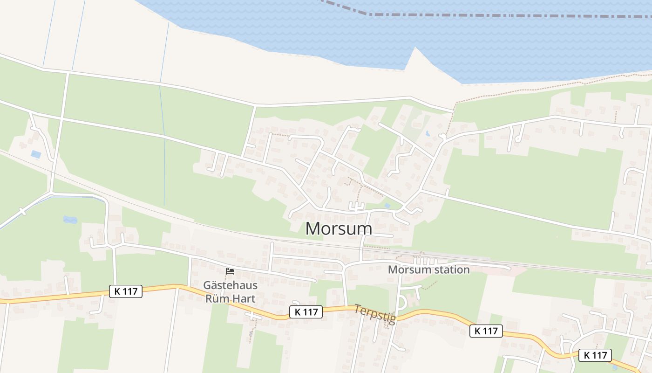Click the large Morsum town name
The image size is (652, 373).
[x=339, y=228]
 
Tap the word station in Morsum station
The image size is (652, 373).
[x=449, y=269]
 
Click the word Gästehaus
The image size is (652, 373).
[x=230, y=284]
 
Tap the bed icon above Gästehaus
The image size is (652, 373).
[x=230, y=271]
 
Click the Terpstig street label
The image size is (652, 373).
[x=375, y=314]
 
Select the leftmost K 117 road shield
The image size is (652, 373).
[x=126, y=291]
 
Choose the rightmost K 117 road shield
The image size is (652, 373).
[x=595, y=355]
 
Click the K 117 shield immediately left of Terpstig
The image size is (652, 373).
[x=306, y=312]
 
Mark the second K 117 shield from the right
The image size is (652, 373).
[x=486, y=331]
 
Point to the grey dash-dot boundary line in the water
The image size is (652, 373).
[x=466, y=15]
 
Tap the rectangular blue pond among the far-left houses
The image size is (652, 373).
[x=36, y=154]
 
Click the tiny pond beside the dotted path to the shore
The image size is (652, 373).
[x=428, y=133]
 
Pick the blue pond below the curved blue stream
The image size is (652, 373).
[x=70, y=219]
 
